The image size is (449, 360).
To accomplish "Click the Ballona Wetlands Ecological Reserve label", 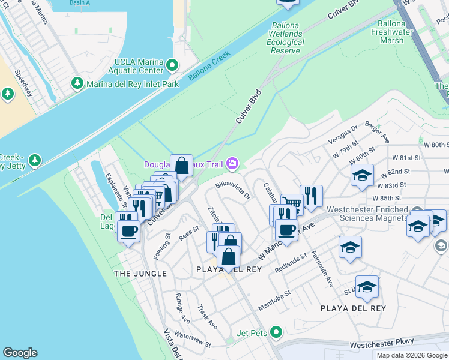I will [285, 38].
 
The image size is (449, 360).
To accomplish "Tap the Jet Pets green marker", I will [276, 331].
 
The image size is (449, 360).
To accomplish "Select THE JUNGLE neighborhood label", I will [140, 274].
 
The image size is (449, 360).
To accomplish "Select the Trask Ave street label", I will [207, 316].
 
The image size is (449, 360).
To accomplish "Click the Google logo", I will [20, 353].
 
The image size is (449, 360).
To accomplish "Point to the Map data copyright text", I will [411, 355].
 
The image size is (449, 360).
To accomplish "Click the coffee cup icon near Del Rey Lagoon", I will [128, 231].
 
